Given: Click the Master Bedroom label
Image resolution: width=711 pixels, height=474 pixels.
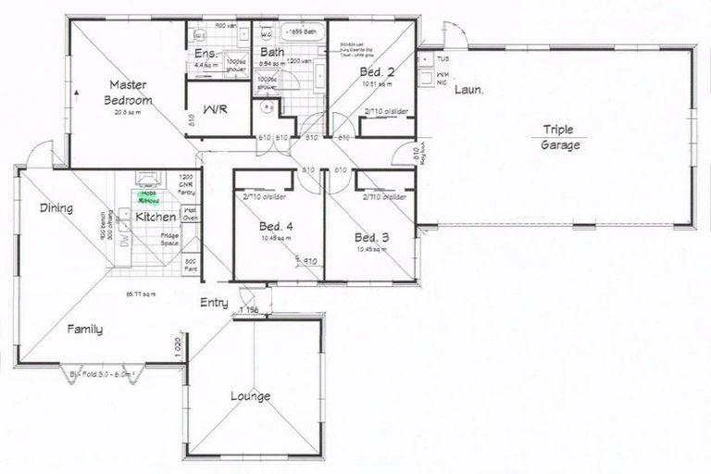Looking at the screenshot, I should (130, 91).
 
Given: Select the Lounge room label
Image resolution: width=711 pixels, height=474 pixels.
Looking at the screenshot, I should (251, 396).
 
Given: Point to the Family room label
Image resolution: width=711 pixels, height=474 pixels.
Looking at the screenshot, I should (84, 329).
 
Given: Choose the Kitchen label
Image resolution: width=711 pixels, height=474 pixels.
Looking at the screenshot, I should (156, 217).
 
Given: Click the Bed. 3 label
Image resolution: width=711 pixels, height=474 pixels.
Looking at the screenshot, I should (372, 238).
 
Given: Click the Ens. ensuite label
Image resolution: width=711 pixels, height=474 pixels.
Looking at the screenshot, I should (205, 55).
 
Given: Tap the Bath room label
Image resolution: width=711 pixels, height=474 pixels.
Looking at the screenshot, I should (272, 53).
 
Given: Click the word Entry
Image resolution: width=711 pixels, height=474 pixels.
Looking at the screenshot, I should (215, 303).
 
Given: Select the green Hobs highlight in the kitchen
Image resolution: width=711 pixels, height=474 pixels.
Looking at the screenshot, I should (147, 197).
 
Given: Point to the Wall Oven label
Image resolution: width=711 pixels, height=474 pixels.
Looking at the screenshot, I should (192, 215).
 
